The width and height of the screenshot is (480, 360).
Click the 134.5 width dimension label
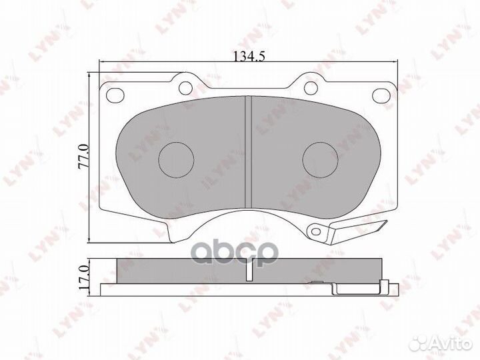(x=249, y=56)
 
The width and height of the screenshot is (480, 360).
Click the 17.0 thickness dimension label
(x=83, y=278)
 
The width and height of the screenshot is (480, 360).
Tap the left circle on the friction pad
(x=176, y=160)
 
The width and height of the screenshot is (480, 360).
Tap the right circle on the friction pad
(x=320, y=160)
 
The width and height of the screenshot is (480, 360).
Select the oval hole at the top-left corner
(x=115, y=95)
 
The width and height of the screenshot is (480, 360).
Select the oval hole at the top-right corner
(x=381, y=95)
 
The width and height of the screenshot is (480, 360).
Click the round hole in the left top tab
(x=185, y=88)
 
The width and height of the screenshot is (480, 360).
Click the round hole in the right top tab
(x=311, y=88)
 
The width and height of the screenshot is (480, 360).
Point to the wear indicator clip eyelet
(x=315, y=231)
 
